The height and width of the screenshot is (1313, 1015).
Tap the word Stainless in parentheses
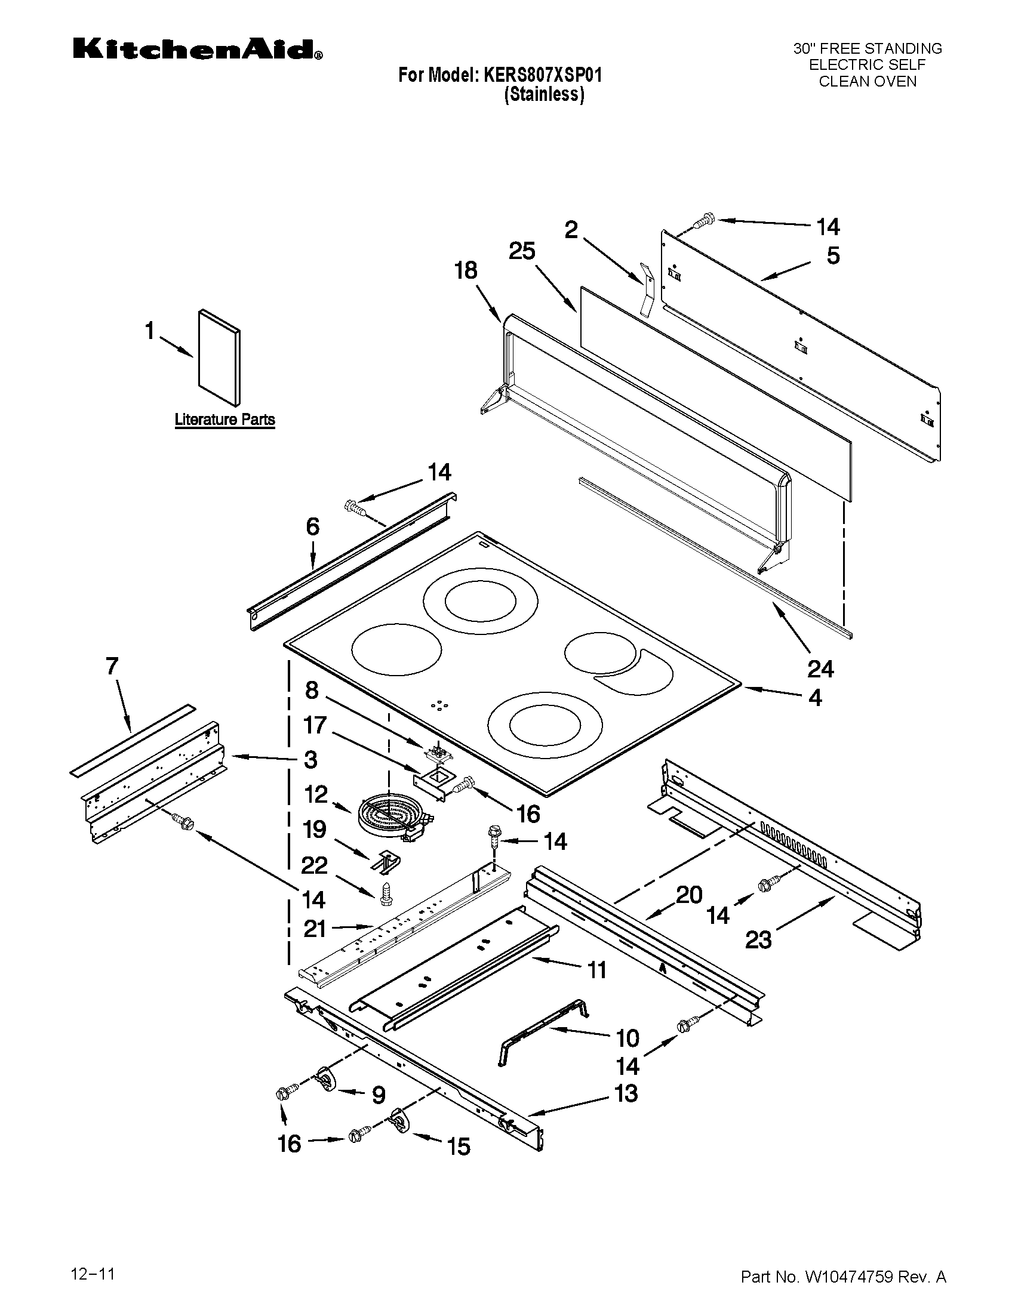[544, 94]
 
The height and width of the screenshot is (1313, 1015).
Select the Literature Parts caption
[224, 420]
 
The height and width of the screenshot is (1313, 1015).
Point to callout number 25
[521, 251]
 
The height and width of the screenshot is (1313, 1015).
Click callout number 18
[466, 271]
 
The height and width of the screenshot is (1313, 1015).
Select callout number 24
[821, 668]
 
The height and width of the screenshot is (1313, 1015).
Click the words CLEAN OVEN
[867, 82]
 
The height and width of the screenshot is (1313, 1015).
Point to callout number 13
[626, 1093]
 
